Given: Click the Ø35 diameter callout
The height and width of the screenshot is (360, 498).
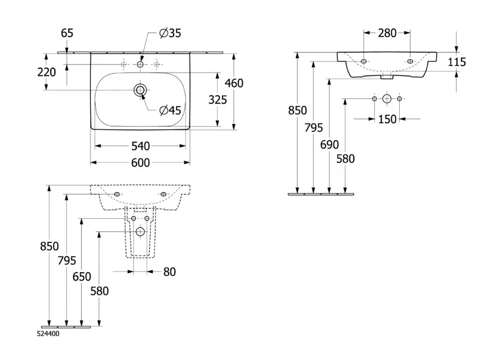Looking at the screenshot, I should tap(170, 34).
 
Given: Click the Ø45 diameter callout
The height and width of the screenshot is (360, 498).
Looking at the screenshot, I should tap(170, 110).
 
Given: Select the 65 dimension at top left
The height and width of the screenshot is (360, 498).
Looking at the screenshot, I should tap(67, 33).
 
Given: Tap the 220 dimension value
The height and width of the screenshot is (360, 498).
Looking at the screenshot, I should tap(47, 72).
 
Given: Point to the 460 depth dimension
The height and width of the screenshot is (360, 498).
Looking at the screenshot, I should tap(234, 83).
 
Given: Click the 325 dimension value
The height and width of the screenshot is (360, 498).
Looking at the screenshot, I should tap(218, 100).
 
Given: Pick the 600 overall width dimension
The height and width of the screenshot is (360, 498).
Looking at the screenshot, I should tap(140, 163).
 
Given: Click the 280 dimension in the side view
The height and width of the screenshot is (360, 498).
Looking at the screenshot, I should tap(387, 33).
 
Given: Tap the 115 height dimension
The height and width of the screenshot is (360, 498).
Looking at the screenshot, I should tap(457, 62).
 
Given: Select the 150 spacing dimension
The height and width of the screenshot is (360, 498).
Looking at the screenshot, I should tap(387, 119).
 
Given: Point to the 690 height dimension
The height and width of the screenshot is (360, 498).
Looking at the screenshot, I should tap(330, 145).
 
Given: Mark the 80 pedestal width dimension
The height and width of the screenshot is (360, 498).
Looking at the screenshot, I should tap(170, 272).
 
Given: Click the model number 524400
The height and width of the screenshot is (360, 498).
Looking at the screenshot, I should tap(47, 334).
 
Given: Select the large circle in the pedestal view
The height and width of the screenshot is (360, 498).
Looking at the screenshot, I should tap(140, 231).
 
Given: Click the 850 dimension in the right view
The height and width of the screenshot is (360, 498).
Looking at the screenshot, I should tap(298, 110).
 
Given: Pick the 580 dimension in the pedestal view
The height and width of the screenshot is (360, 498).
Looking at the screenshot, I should tap(99, 291).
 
